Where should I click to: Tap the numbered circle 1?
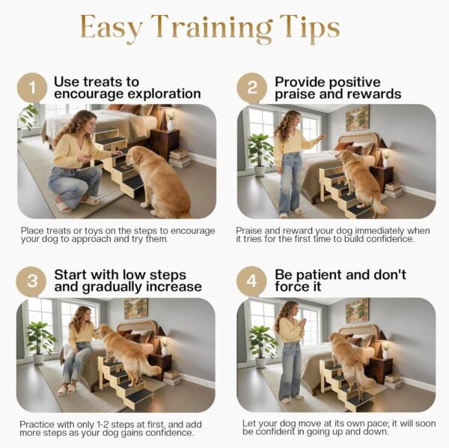pos(32,88)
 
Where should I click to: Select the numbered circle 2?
pos(252,88)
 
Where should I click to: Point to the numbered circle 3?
pos(31,281)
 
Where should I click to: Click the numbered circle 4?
pos(251,281)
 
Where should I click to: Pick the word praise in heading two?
pos(295,94)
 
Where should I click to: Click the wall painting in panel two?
pos(357,118)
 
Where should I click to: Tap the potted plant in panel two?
pos(260,154)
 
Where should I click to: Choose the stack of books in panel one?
pos(179,158)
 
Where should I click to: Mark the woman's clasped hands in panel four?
pos(301,324)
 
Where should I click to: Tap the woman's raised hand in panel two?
pos(322,137)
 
